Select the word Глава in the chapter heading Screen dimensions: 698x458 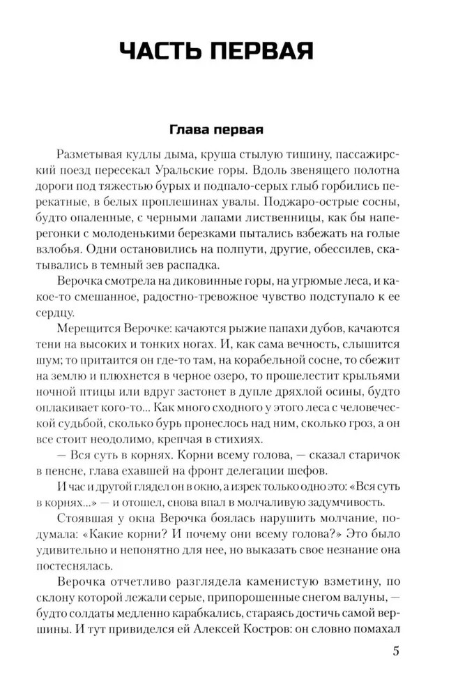click(189, 131)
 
